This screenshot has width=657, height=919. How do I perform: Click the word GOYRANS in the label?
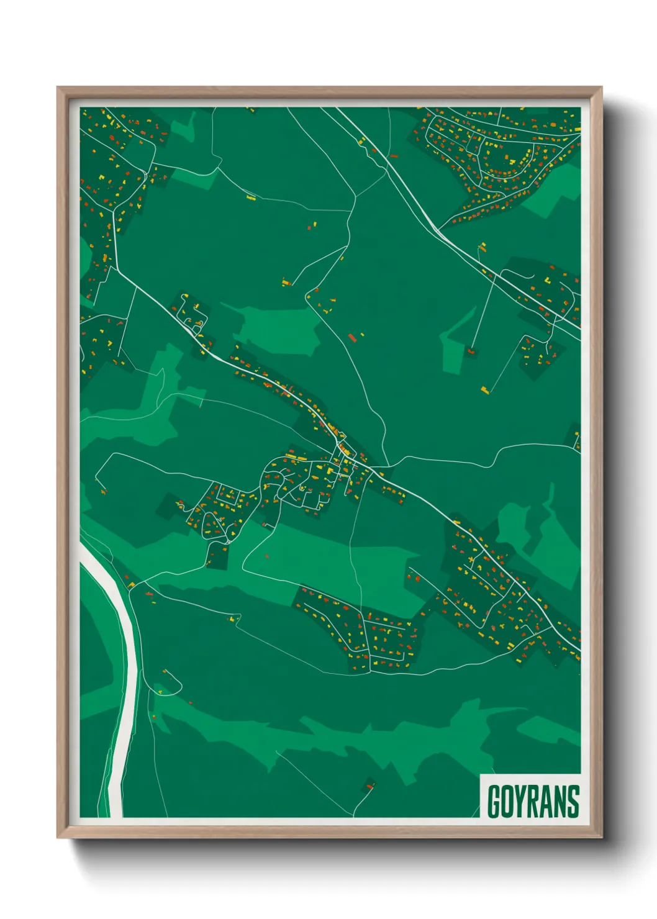(x=533, y=801)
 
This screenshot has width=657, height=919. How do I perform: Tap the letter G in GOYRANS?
(x=494, y=802)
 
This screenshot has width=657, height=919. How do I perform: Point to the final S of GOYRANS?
(x=573, y=802)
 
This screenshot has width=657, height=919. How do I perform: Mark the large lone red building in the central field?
(x=352, y=337)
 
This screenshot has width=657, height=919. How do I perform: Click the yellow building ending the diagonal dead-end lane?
(x=484, y=389)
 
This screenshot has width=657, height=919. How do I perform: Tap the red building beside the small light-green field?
(x=470, y=351)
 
